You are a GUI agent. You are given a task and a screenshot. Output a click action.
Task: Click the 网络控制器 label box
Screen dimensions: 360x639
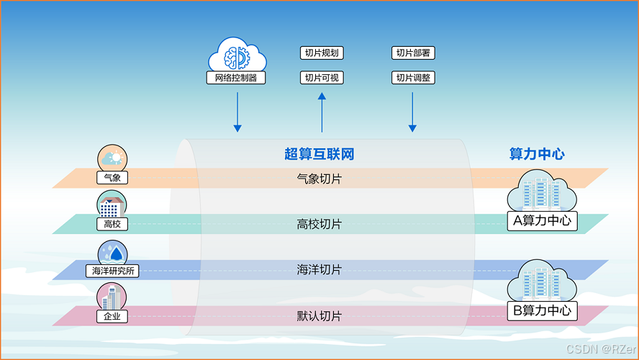coord(236,78)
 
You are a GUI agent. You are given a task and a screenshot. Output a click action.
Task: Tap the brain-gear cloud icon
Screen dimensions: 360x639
coord(236,55)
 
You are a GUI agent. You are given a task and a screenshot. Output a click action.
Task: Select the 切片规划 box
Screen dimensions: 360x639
coord(321,53)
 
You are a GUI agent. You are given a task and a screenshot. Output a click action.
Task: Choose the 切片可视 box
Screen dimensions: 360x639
coord(321,77)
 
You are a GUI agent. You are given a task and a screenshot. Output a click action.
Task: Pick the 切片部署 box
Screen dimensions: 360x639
coord(414,53)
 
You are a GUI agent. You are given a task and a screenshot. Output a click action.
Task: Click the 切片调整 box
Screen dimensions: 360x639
coord(414,77)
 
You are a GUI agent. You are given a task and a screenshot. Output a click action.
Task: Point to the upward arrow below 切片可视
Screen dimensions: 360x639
coord(322,115)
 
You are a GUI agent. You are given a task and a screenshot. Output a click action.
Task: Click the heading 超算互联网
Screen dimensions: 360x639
coord(319,154)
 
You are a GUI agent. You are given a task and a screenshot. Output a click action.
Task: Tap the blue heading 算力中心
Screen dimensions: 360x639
coord(537,154)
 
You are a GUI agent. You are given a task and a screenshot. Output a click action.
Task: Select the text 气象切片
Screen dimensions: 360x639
coord(319,178)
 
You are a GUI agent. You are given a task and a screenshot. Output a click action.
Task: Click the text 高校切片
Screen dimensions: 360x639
coord(319,224)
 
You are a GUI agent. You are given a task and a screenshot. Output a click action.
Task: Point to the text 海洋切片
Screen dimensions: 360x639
coord(319,270)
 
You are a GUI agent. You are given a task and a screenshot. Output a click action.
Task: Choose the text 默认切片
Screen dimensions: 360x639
coord(319,316)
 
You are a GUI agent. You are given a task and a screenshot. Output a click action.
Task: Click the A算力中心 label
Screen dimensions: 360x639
coord(543,221)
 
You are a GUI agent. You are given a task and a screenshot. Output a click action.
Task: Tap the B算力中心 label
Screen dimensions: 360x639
coord(543,311)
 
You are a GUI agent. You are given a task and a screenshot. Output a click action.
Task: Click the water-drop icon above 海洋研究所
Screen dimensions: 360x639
coord(112,253)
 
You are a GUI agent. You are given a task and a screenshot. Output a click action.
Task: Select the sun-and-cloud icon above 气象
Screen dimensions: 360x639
coord(112,158)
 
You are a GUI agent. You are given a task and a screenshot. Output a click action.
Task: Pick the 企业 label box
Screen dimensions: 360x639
coord(112,316)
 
